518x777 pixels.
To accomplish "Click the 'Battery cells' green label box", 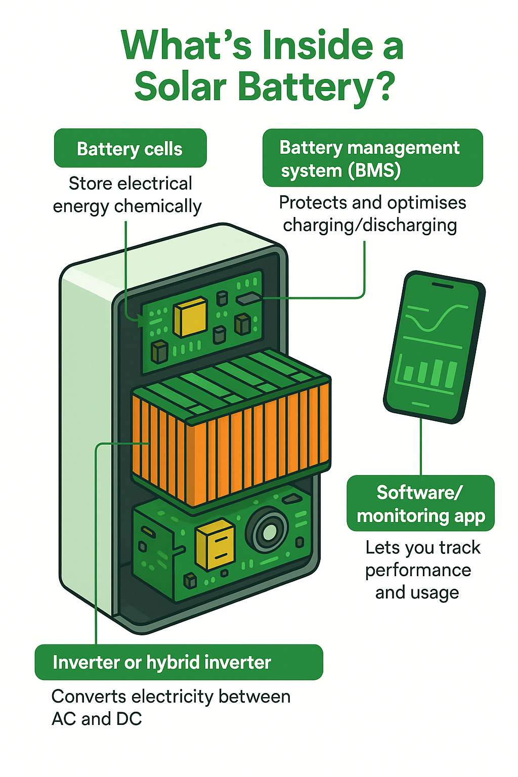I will [130, 149].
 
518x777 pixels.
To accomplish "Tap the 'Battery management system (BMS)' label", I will [372, 158].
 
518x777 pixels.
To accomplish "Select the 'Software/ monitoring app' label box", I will [420, 504].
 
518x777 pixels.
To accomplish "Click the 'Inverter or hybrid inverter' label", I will [178, 662].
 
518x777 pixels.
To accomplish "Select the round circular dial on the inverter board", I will [268, 531].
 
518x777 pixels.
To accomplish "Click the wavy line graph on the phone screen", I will [436, 318].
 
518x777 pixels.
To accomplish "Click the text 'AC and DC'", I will [97, 719].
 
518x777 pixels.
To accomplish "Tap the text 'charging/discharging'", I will [370, 225].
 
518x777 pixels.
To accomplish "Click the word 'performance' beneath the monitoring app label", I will [418, 570].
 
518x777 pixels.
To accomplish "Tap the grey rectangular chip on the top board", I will [248, 299].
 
